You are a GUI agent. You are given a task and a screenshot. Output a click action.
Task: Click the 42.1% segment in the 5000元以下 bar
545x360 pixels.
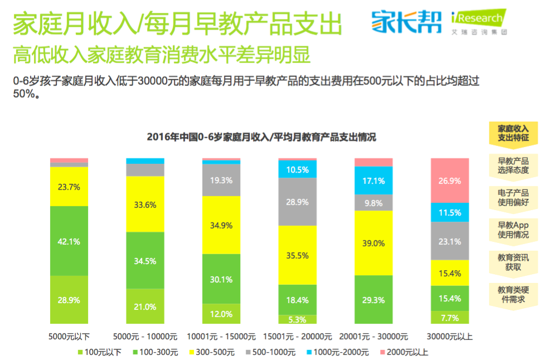pos(69,241)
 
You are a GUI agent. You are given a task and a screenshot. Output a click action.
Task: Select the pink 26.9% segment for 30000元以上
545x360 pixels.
pos(450,180)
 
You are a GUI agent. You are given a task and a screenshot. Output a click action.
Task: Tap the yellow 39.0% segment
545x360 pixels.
pos(373,242)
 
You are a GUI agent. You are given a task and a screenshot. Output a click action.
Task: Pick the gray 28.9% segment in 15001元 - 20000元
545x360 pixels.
pos(297,201)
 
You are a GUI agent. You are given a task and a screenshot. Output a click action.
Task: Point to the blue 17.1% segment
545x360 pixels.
pos(373,181)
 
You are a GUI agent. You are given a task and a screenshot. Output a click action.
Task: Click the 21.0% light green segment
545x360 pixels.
pos(145,306)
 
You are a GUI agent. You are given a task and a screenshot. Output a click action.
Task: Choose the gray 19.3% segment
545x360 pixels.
pos(221,180)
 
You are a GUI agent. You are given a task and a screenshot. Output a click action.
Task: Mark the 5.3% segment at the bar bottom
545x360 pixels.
pos(297,319)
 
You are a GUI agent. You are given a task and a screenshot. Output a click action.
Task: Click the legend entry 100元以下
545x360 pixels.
pos(100,352)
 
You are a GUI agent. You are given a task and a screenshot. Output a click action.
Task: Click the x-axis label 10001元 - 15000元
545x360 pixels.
pos(222,337)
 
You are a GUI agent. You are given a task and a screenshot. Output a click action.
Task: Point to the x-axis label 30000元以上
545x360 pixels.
pos(450,337)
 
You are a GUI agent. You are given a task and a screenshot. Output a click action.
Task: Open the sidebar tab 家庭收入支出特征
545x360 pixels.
pos(513,133)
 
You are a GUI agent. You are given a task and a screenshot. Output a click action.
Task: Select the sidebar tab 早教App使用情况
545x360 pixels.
pos(513,229)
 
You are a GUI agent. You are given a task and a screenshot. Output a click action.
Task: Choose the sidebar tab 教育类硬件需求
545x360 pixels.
pos(513,294)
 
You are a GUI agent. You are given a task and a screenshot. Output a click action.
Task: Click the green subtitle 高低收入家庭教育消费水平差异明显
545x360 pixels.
pos(162,55)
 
